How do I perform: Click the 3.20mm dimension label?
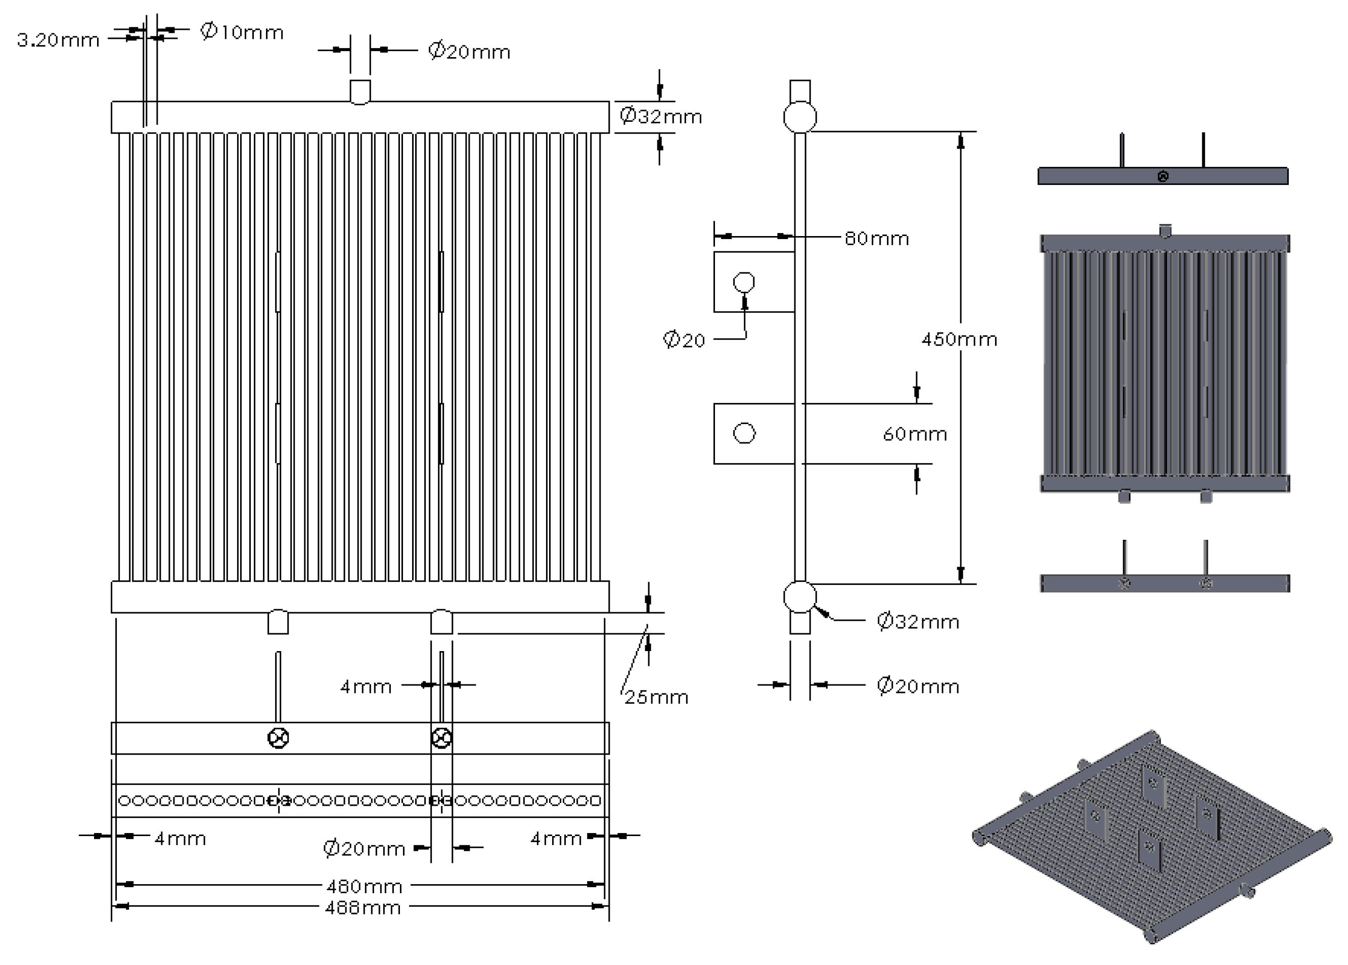pos(58,40)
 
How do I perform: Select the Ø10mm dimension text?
pos(242,31)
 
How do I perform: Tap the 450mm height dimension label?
pos(959,340)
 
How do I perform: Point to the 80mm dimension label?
pos(877,239)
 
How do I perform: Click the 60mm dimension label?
pos(915,434)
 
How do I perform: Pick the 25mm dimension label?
pos(656,697)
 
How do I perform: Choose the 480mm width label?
pos(365,887)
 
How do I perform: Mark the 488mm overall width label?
pos(363,908)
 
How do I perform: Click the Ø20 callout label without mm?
pos(684,341)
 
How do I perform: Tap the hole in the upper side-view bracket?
pos(744,282)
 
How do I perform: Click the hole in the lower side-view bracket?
pos(744,433)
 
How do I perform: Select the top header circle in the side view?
pos(800,117)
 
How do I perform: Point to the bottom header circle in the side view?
pos(800,597)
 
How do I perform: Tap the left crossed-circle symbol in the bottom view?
pos(278,739)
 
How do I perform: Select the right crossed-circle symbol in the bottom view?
pos(441,739)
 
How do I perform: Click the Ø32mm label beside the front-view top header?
pos(660,116)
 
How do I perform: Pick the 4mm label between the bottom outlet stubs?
pos(366,687)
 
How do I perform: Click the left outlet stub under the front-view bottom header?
pos(278,622)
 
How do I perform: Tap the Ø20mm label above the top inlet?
pos(469,52)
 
